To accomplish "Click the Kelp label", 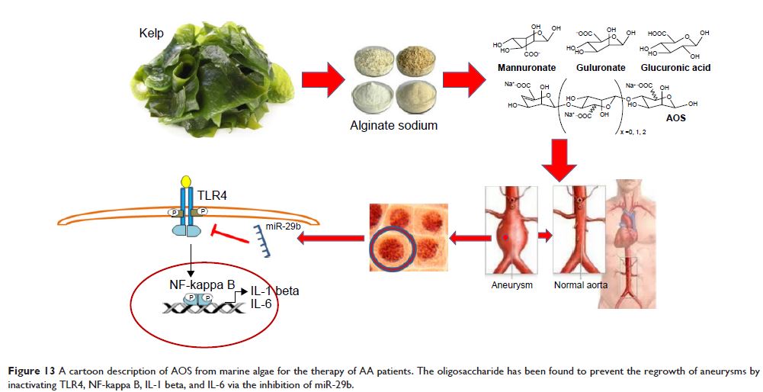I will (152, 33).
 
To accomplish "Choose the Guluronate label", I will (601, 68).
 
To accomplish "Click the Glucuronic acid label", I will (678, 68).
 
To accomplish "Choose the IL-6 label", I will (261, 304).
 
